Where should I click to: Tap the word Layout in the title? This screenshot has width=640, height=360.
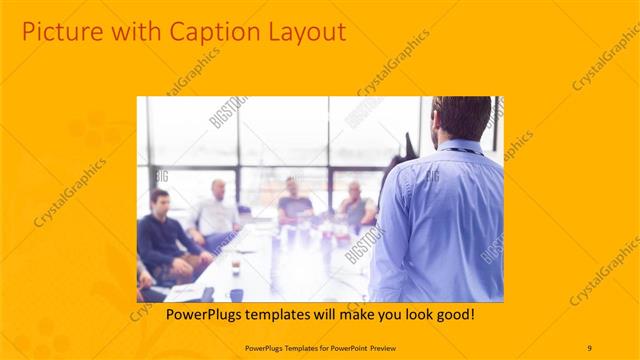point(303,32)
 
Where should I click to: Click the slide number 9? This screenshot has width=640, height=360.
point(589,347)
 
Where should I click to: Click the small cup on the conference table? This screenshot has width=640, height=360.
point(235,268)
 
